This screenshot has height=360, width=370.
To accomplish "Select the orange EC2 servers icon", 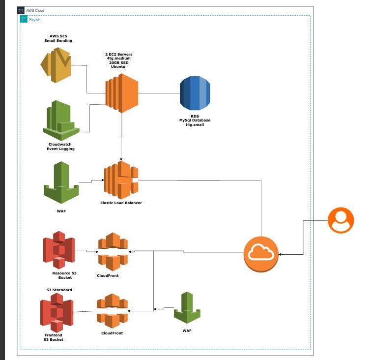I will (x=121, y=93).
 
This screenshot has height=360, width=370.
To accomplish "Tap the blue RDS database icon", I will (x=195, y=93).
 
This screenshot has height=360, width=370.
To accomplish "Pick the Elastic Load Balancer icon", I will (x=121, y=180).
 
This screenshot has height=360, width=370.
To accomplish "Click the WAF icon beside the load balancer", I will (x=61, y=182).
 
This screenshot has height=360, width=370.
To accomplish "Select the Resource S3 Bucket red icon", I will (x=58, y=249).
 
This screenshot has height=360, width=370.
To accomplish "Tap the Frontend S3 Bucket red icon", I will (x=57, y=312).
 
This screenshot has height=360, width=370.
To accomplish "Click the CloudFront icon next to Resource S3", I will (x=113, y=252).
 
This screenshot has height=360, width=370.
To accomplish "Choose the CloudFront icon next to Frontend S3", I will (x=112, y=311).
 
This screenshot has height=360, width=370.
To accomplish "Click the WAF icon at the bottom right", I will (x=187, y=308).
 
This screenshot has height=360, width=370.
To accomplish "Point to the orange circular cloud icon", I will (x=261, y=254).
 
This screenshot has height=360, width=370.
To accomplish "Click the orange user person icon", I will (x=341, y=220).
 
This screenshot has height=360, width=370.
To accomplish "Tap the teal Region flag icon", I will (x=24, y=19).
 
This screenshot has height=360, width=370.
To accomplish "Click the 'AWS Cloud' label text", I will (x=35, y=10).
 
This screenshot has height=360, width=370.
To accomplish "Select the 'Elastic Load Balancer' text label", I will (x=121, y=203).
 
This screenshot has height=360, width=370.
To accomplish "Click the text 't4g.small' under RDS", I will (x=194, y=125).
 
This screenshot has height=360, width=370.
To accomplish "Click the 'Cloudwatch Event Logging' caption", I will (x=61, y=147).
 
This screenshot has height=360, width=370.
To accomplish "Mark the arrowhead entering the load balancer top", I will (x=121, y=159).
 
